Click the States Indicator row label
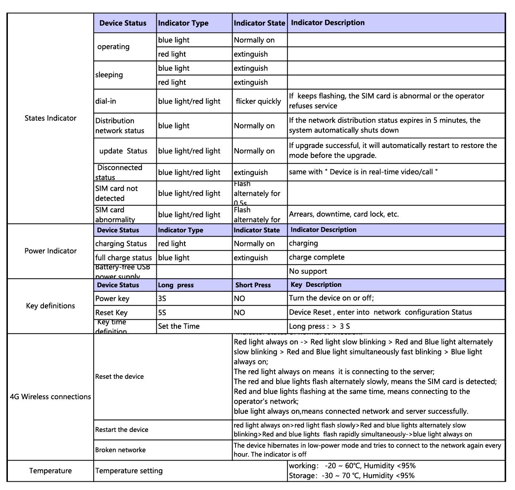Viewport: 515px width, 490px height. [50, 118]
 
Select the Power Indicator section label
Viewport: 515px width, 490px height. [50, 251]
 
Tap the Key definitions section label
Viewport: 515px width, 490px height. [50, 306]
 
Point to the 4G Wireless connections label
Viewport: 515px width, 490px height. [50, 397]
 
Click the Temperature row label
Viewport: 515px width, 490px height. [50, 471]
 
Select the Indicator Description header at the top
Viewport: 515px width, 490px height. [328, 23]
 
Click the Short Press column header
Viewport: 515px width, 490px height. [253, 285]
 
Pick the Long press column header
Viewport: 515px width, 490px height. [176, 285]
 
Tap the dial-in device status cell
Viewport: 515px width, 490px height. [106, 101]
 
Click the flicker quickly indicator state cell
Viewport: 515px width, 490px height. [258, 101]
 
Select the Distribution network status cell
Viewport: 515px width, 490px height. [120, 126]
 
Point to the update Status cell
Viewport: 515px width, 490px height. [123, 151]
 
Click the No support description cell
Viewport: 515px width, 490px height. [308, 272]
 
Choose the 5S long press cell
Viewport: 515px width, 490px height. [162, 313]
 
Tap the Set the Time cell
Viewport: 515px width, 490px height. [179, 326]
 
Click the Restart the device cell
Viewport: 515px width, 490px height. [121, 429]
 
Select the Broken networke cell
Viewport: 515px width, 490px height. [120, 450]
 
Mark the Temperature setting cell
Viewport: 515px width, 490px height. [129, 471]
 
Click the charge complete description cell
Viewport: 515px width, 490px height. [317, 257]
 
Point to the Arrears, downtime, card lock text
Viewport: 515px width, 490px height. [344, 214]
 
